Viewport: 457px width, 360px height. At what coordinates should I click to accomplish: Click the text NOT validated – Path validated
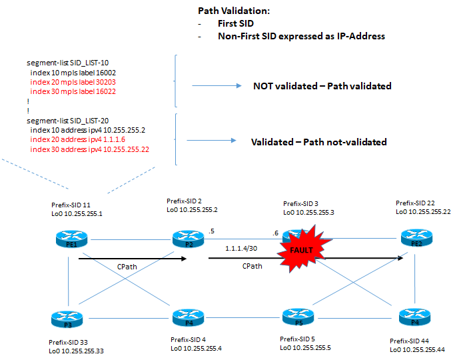322,86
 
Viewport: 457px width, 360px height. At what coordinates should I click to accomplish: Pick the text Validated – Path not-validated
318,142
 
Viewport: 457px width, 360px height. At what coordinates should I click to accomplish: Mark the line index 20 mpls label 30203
74,81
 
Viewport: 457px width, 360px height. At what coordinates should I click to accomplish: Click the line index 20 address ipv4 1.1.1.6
77,140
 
